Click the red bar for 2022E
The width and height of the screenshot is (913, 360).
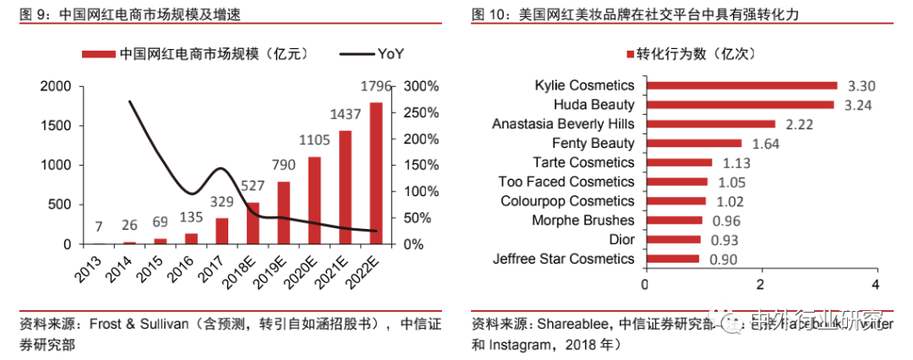[375, 173]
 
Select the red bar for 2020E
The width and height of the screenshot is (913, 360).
[314, 200]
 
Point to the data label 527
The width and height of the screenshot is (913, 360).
[253, 185]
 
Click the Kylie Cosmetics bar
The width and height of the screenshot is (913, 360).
[741, 85]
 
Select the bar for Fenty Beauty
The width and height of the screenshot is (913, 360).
[693, 144]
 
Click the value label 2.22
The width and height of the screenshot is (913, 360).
[799, 124]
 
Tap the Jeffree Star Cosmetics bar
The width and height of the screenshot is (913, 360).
[672, 259]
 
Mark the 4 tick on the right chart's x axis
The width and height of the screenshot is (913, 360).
[876, 283]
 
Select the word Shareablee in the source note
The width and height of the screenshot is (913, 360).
[577, 324]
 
